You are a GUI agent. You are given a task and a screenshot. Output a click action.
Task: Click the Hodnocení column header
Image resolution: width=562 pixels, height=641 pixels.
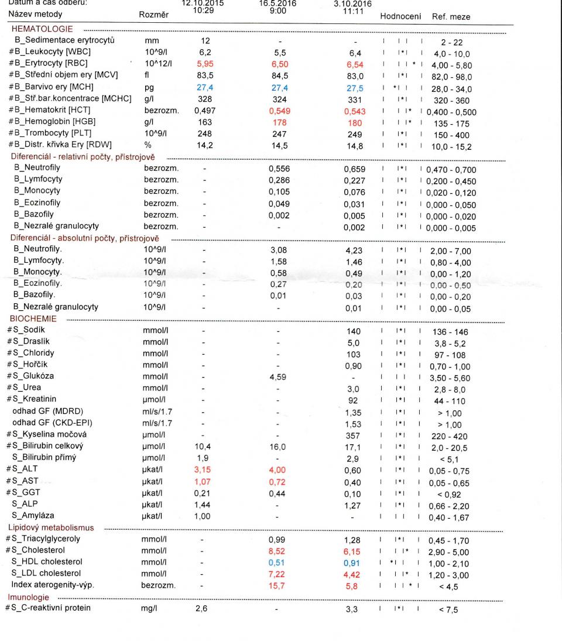[400, 17]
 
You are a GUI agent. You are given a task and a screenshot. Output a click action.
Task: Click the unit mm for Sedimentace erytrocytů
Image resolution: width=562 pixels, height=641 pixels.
[151, 41]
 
